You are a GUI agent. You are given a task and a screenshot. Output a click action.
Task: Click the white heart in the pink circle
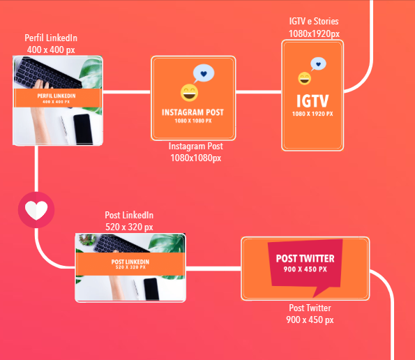36,211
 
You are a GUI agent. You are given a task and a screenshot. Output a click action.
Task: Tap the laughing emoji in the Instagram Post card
189,93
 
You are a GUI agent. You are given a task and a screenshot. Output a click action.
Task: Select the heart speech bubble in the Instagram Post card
203,73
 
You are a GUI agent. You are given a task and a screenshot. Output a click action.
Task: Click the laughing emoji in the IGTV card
304,78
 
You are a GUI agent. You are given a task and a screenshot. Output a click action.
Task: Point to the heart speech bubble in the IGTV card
318,64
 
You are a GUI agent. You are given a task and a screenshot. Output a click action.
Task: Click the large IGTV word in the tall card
312,101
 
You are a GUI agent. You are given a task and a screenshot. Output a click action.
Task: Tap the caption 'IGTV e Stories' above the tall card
314,21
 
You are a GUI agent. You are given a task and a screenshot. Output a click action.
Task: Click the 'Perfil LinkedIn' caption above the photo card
51,38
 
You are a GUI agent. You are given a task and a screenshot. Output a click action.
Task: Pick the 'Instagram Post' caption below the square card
196,146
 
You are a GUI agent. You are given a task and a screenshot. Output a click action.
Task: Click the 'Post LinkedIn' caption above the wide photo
129,215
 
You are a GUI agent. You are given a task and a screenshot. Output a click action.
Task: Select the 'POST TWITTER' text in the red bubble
305,259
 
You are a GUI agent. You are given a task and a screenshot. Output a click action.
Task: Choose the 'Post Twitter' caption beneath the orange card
310,308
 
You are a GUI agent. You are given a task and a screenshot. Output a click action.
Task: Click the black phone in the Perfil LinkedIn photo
83,129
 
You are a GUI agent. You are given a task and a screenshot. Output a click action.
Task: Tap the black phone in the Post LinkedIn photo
151,289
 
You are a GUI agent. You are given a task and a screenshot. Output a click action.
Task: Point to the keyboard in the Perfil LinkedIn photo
47,73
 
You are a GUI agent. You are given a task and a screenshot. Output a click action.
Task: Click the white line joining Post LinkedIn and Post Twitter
213,269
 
